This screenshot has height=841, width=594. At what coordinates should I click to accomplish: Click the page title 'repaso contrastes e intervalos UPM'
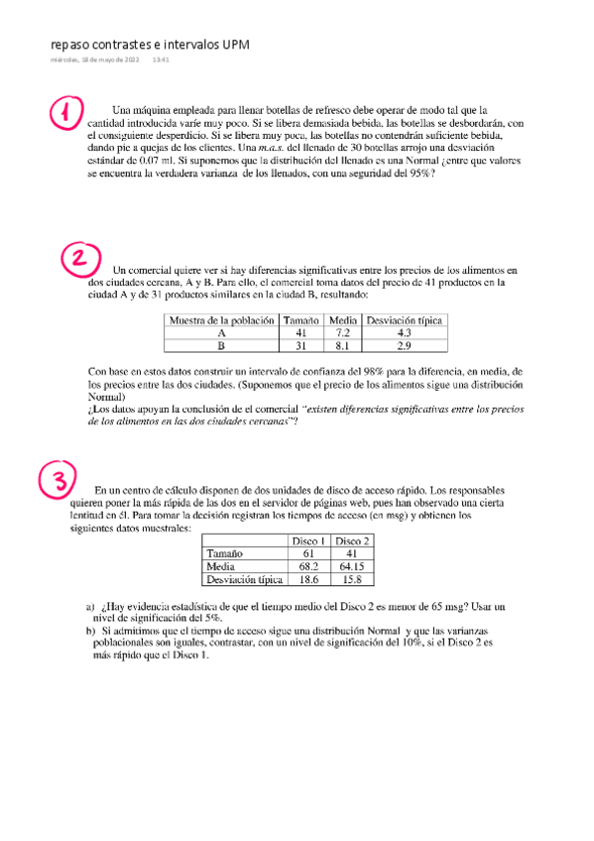point(150,46)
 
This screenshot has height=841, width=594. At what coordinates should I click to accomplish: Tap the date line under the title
point(110,60)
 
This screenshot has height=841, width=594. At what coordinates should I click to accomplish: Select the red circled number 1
point(63,114)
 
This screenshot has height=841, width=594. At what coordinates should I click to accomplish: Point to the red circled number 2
point(82,260)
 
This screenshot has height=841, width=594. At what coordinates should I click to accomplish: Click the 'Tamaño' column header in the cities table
point(300,320)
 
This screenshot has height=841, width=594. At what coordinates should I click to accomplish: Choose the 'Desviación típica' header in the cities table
point(405,320)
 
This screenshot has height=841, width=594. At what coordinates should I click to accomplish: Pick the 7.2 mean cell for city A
point(341,334)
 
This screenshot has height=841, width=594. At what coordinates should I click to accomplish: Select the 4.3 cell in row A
point(405,334)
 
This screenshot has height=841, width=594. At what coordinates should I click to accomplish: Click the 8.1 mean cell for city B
point(341,347)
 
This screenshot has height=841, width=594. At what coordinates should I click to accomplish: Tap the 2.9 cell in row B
point(405,347)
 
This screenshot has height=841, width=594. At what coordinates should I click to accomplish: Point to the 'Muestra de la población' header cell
point(221,320)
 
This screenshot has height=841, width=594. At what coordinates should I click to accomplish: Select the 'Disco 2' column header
point(352,540)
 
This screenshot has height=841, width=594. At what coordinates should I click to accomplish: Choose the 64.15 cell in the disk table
point(352,565)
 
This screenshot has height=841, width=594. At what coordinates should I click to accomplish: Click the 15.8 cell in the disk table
point(352,578)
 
